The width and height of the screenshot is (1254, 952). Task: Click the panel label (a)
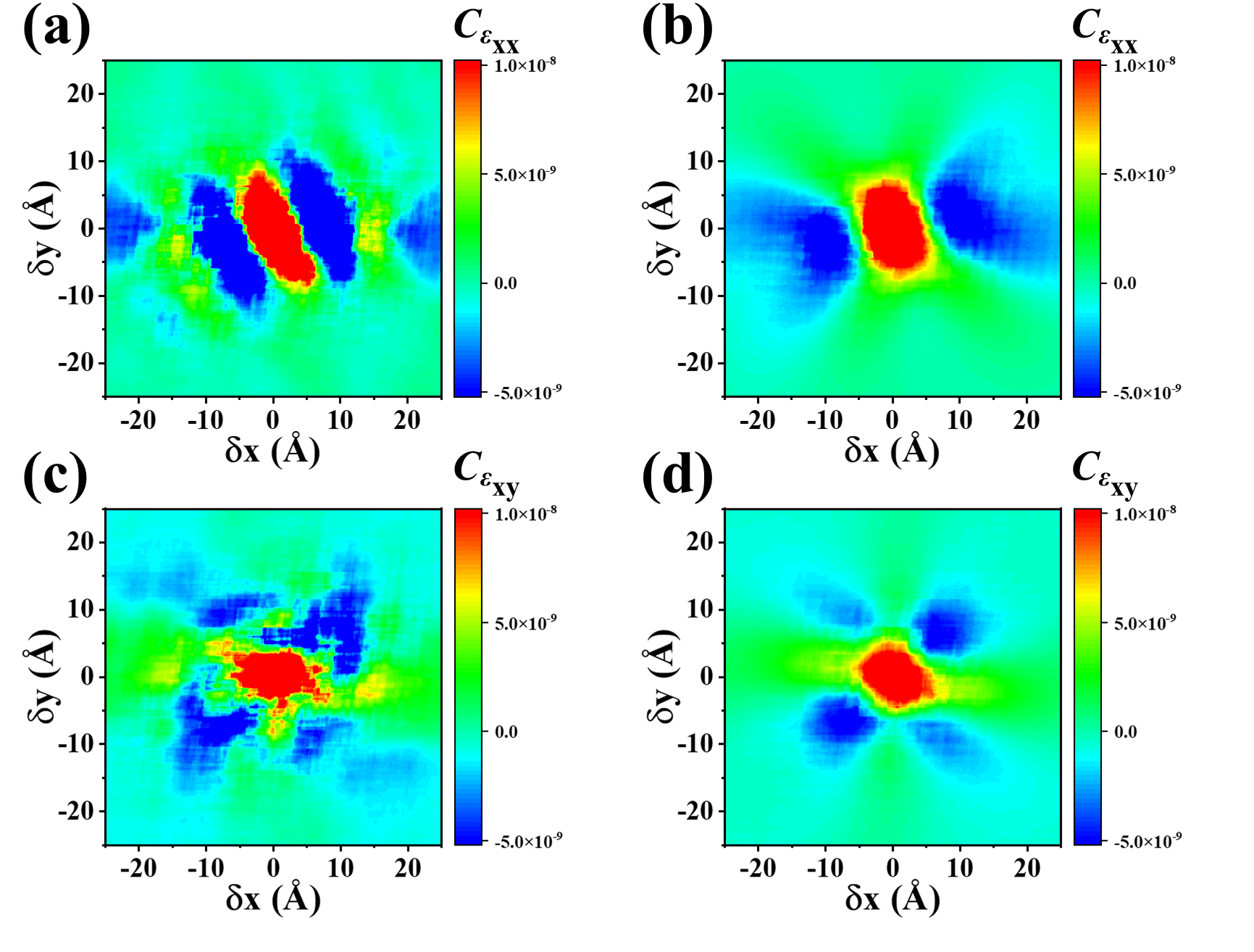point(57,30)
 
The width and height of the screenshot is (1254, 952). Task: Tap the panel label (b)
point(677,30)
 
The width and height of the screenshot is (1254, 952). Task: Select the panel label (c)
point(55,478)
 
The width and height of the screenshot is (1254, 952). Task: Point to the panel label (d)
point(677,478)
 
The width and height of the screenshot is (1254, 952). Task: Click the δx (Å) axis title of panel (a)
point(272,450)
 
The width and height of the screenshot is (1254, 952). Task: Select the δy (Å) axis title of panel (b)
point(661,228)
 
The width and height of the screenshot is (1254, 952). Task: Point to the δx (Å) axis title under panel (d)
point(892,898)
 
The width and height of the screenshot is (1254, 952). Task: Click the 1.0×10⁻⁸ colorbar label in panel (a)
point(525,65)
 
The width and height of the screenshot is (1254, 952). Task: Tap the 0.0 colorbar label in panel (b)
point(1124,283)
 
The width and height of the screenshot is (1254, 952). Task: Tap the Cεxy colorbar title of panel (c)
point(486,475)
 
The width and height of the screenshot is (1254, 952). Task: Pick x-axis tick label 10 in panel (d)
point(960,868)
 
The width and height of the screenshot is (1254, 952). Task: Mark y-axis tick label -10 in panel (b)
point(695,296)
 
